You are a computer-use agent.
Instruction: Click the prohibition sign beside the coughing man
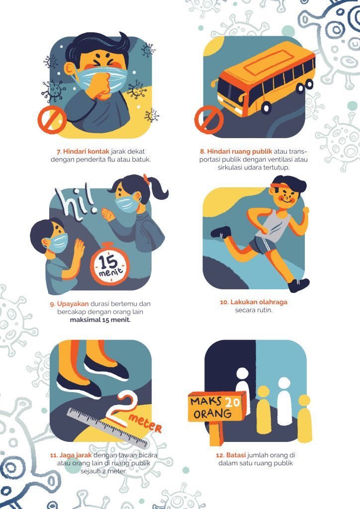tap(52, 119)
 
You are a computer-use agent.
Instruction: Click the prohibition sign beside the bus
tap(209, 120)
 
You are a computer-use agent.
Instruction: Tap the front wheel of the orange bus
tap(266, 107)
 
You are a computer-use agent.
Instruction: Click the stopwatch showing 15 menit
tap(109, 264)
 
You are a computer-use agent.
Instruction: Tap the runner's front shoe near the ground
tap(298, 285)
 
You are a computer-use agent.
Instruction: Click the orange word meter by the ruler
tap(145, 423)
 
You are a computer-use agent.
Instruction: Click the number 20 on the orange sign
tap(232, 403)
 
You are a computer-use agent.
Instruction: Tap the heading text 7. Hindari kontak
tap(83, 151)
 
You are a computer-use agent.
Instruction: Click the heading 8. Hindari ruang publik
tap(236, 151)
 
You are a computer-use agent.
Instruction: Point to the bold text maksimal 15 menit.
tap(100, 320)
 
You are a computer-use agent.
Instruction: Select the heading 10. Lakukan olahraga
tap(254, 302)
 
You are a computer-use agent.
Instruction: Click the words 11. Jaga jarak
tap(71, 455)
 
